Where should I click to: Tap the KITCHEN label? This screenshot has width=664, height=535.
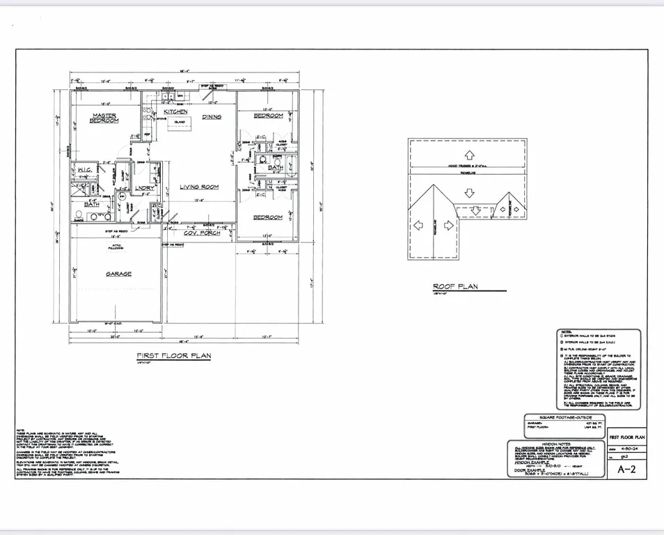pyautogui.click(x=175, y=111)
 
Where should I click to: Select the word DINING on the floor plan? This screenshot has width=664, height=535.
pyautogui.click(x=212, y=117)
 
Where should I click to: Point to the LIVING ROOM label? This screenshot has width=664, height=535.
pyautogui.click(x=200, y=187)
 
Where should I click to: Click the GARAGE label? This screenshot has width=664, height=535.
pyautogui.click(x=118, y=274)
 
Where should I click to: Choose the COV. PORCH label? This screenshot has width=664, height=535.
pyautogui.click(x=202, y=233)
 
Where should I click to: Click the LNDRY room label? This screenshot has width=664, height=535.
pyautogui.click(x=145, y=187)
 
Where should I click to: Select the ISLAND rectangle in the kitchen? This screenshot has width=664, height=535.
pyautogui.click(x=180, y=125)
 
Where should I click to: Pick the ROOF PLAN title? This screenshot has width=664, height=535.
pyautogui.click(x=454, y=286)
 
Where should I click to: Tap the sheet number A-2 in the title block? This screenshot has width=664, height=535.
pyautogui.click(x=626, y=469)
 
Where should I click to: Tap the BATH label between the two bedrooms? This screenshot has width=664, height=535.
pyautogui.click(x=275, y=168)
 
